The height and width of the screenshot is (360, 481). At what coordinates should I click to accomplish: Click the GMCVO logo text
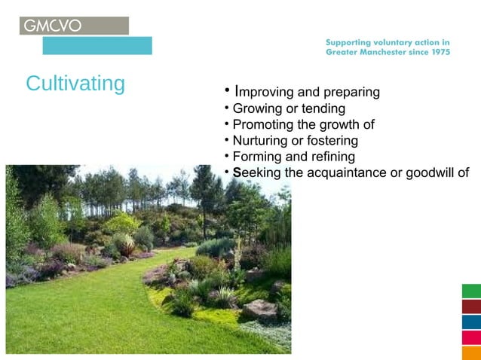[x=53, y=26]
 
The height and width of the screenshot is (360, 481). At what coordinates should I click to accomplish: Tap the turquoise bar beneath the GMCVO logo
[x=97, y=46]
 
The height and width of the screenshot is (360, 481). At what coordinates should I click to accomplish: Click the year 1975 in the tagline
[x=437, y=53]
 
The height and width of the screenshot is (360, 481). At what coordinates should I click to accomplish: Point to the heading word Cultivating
[x=75, y=84]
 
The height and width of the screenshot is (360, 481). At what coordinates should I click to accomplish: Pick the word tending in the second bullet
[x=323, y=109]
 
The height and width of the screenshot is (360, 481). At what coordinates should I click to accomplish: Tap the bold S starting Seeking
[x=237, y=172]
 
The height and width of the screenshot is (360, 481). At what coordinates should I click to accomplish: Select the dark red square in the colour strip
[x=471, y=307]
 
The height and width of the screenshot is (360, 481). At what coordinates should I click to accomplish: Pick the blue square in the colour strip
[x=471, y=322]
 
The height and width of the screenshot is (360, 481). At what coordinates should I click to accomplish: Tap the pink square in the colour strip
[x=471, y=337]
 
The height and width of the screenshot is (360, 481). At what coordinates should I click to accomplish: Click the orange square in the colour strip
[x=471, y=352]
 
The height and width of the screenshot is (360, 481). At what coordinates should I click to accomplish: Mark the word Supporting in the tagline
[x=351, y=43]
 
